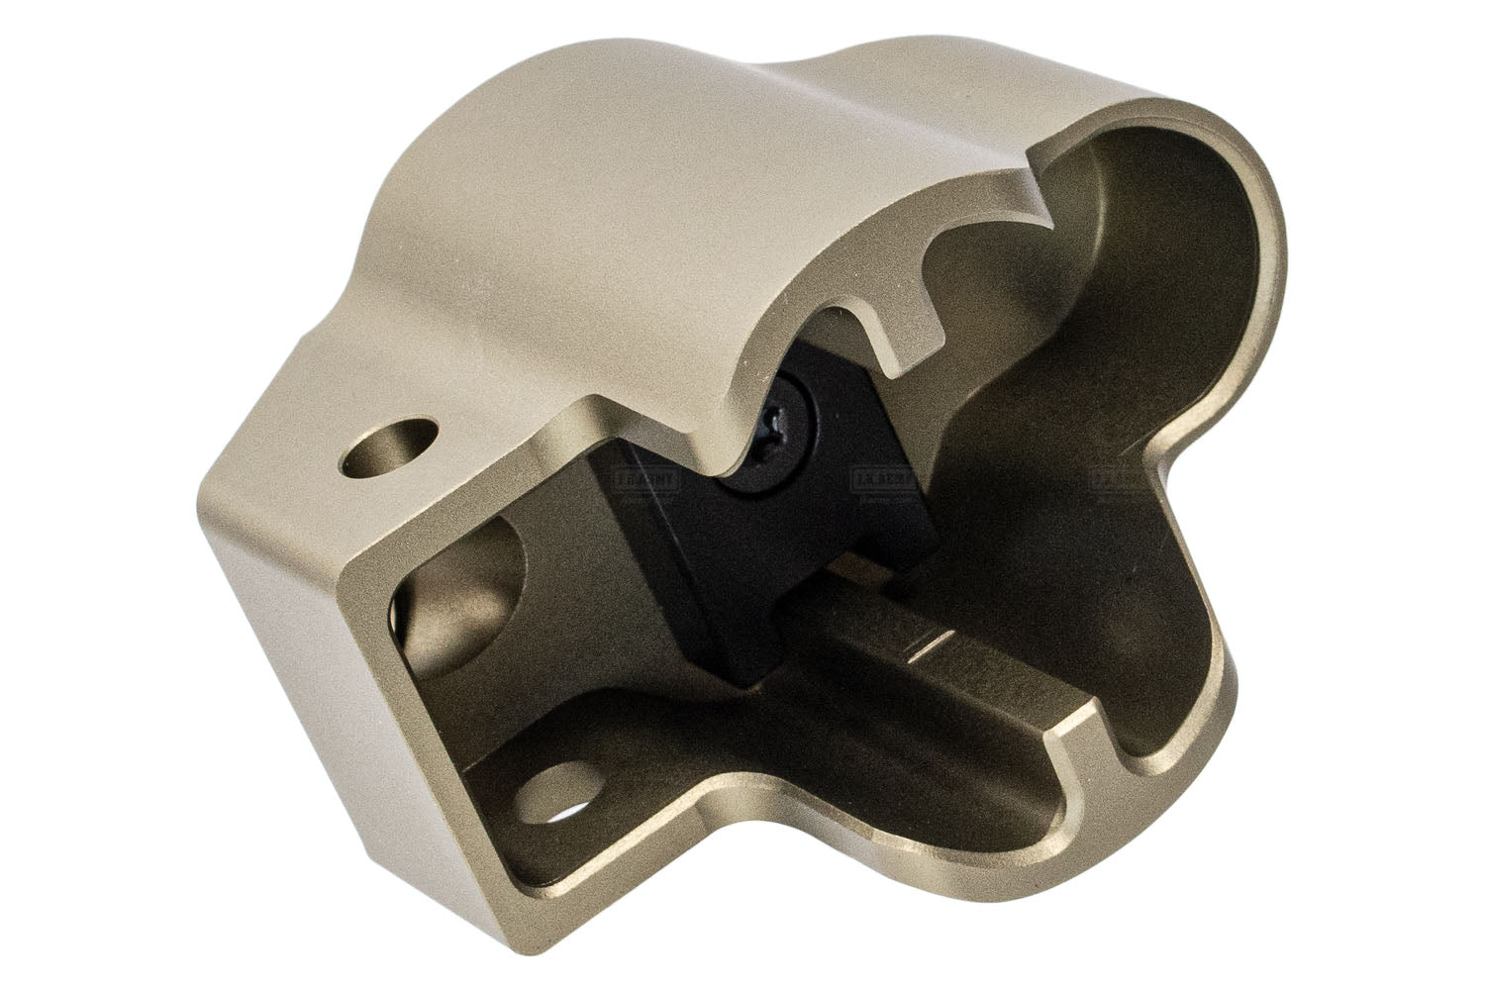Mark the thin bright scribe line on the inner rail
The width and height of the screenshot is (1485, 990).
point(937,648)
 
